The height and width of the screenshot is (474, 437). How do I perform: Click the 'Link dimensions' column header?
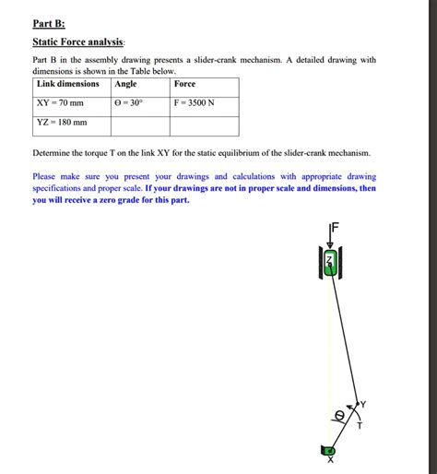click(x=67, y=84)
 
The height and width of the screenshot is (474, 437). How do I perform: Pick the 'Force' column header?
click(x=184, y=84)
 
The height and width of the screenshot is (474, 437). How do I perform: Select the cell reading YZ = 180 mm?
click(x=62, y=122)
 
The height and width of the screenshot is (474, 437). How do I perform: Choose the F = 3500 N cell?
click(x=194, y=102)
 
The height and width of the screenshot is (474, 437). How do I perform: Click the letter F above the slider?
click(x=336, y=227)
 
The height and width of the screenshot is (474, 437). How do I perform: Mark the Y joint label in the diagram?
click(x=362, y=404)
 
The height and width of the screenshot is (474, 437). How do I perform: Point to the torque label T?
click(x=360, y=425)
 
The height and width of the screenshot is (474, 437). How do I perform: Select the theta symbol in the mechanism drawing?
click(x=338, y=416)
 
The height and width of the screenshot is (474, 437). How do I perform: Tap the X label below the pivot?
click(x=330, y=463)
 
